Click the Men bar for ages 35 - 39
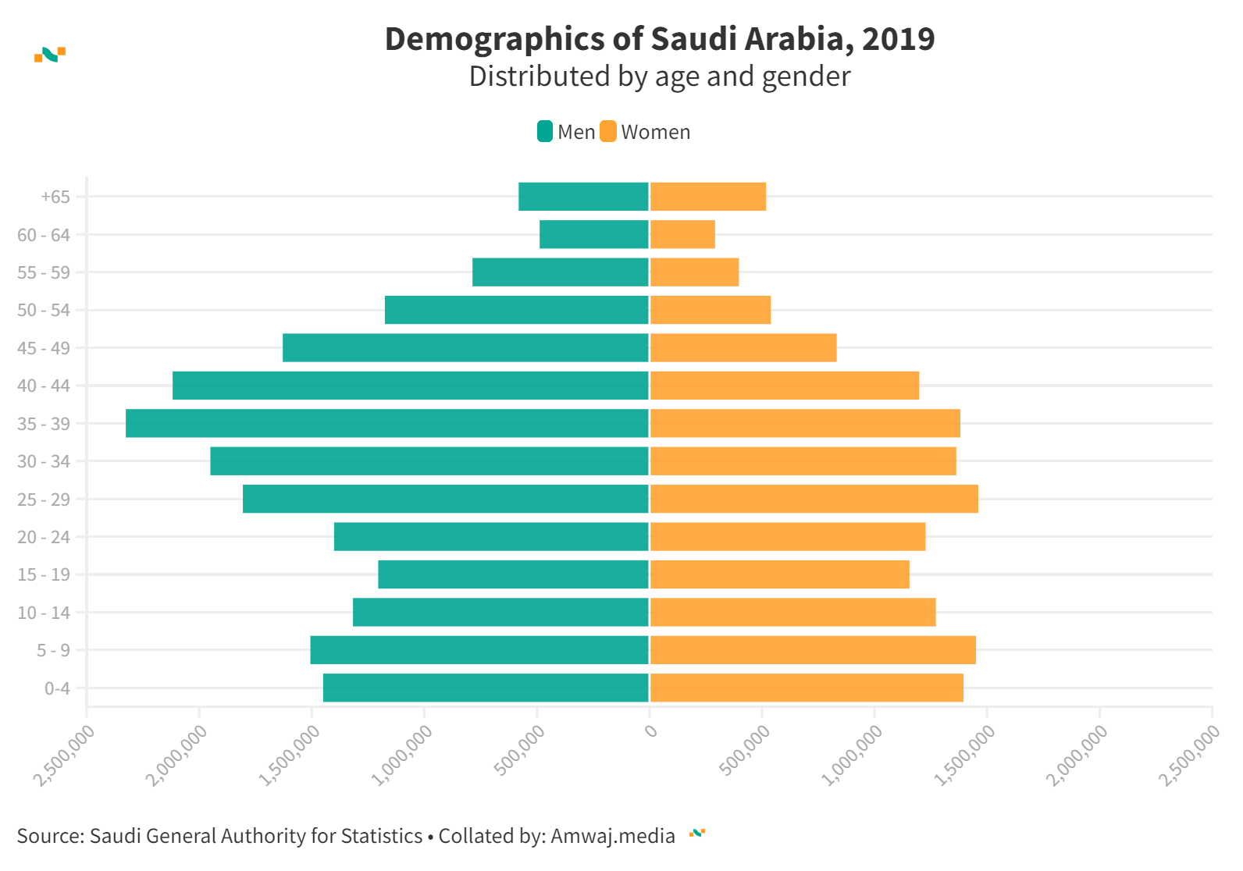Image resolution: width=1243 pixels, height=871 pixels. point(387,423)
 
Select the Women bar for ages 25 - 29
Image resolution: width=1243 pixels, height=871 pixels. point(814,499)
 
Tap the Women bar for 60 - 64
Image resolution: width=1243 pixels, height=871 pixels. point(682,234)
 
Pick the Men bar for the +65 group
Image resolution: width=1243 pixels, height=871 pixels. point(583,197)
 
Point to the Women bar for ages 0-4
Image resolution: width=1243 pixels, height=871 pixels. point(807,688)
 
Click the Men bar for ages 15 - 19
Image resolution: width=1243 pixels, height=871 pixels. point(513,574)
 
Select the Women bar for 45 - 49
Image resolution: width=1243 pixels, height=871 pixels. point(743,347)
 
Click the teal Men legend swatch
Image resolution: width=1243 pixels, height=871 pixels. point(545,132)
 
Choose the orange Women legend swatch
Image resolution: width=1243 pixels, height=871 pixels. point(608,132)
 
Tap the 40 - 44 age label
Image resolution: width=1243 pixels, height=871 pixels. point(44,386)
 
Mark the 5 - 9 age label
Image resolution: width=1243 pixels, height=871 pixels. point(53,650)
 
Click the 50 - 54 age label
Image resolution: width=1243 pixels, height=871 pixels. point(44,310)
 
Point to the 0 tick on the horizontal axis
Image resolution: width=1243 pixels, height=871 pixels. point(650,731)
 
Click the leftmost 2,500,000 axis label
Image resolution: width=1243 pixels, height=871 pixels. point(65,755)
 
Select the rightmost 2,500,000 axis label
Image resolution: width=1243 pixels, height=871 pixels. point(1189,755)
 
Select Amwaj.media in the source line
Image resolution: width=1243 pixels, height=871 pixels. point(613,836)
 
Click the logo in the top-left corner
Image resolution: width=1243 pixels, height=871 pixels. point(50,55)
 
